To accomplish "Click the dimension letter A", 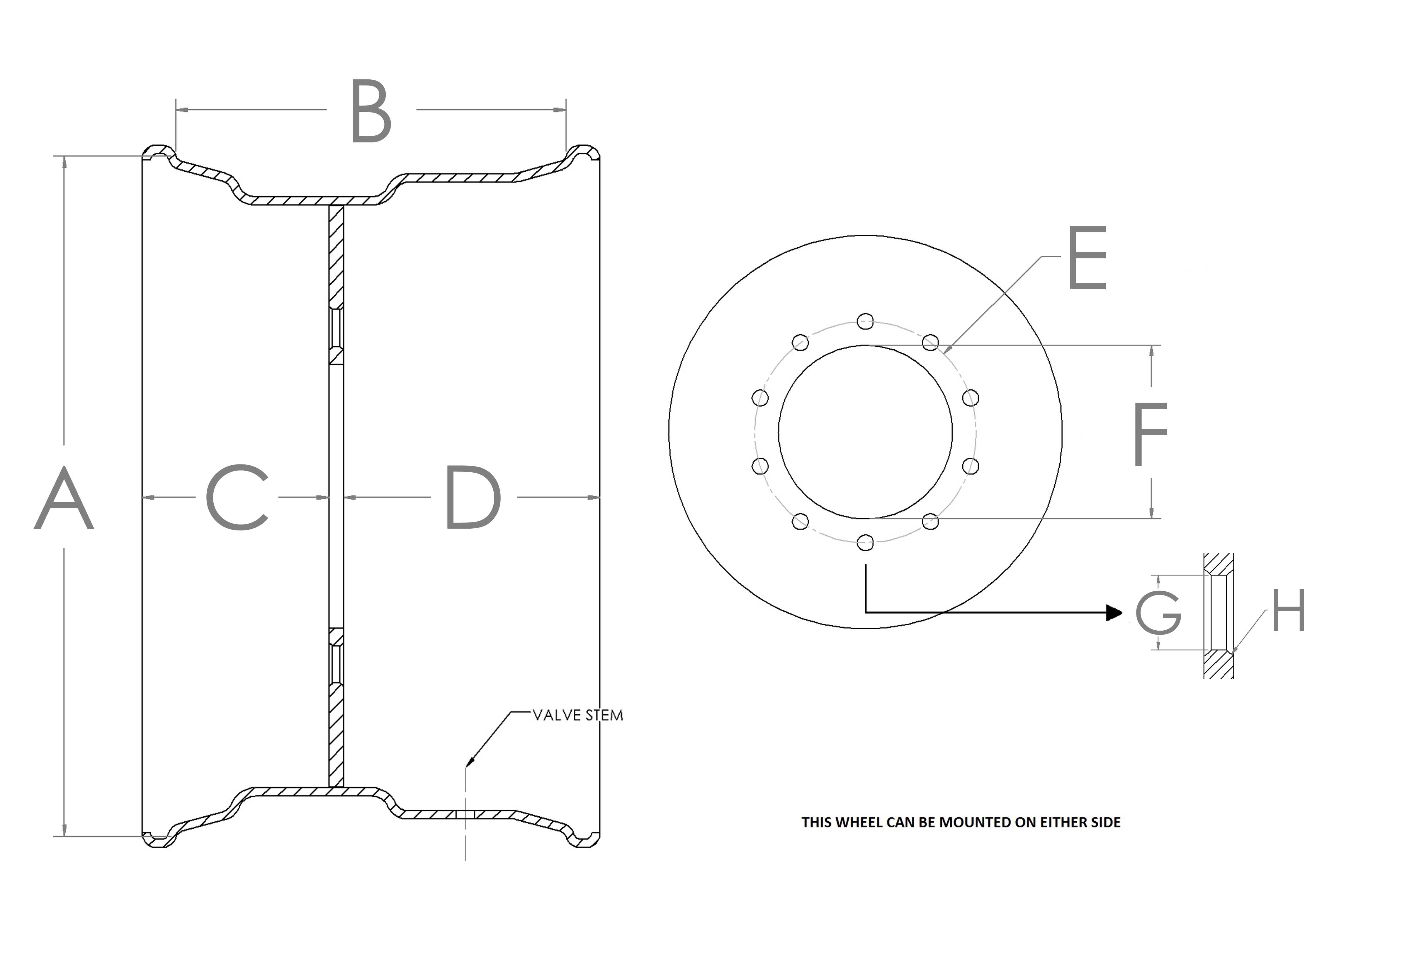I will (64, 498).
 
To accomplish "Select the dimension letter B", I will (371, 111).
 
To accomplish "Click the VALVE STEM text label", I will (577, 716).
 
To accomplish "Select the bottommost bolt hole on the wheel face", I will (865, 542).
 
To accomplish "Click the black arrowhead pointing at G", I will (1114, 612).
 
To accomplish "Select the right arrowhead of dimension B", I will (560, 110).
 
